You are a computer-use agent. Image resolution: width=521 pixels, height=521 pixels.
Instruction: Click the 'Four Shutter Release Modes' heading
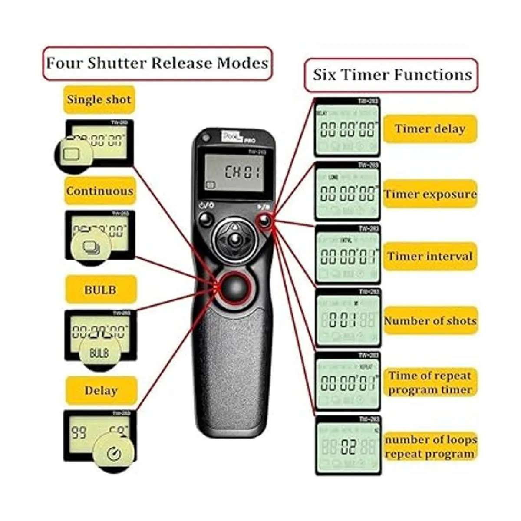coord(157,63)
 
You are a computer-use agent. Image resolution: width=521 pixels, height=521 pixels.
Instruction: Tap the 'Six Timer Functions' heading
coord(392,75)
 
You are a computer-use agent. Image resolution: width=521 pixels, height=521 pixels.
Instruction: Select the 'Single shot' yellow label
coord(99,99)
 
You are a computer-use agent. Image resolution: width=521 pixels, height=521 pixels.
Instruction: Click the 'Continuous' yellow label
coord(100,191)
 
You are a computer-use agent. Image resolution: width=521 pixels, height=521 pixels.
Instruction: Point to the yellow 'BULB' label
coord(101,289)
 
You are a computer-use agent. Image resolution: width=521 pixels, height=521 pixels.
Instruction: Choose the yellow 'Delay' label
coord(101,390)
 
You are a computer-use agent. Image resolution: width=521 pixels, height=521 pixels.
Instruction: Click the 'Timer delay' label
coord(429,129)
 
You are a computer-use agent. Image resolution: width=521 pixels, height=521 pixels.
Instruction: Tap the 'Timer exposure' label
coord(430,194)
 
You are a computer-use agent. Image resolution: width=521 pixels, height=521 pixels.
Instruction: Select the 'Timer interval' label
coord(430,256)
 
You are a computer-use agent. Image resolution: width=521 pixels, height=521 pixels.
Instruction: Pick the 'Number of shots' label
coord(430,321)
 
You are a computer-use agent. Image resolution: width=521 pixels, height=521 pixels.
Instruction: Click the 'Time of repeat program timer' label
coord(430,383)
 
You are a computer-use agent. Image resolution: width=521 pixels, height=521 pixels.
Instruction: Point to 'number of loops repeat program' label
coord(430,447)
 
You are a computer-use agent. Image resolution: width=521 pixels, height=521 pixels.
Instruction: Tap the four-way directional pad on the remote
coord(235,238)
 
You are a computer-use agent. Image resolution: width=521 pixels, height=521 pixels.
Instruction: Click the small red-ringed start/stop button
coord(264,221)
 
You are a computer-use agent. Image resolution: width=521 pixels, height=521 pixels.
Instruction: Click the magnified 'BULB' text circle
coord(99,352)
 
